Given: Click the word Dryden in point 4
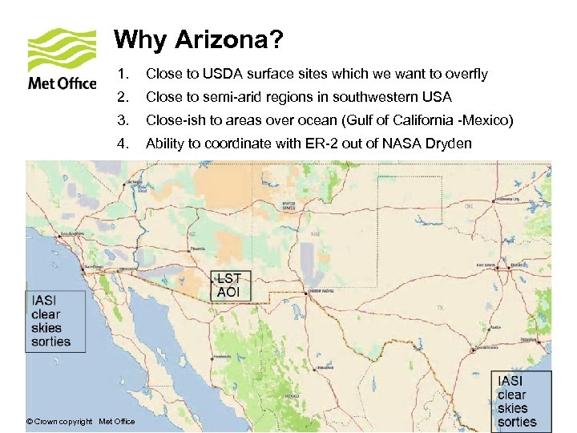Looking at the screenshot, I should [450, 144].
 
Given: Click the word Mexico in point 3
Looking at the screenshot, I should [492, 120].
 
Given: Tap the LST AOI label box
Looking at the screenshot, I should [228, 285].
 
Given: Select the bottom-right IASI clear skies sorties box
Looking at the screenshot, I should [522, 401].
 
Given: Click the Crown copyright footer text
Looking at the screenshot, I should [80, 422].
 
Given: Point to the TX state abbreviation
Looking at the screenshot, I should [440, 307].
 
